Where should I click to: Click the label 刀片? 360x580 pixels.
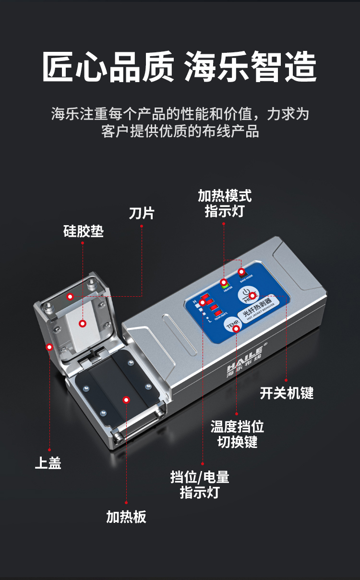tap(142, 213)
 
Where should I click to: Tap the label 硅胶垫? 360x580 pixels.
tap(84, 231)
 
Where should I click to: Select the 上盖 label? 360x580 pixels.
tap(48, 463)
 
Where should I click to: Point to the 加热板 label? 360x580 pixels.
tap(126, 517)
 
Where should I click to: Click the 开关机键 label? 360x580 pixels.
tap(287, 393)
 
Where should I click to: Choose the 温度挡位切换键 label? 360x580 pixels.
tap(237, 434)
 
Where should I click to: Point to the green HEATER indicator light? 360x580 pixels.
tap(224, 283)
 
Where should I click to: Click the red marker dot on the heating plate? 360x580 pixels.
tap(126, 399)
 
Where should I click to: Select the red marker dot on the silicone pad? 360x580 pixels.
tap(83, 324)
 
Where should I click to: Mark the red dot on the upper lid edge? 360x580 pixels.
tap(48, 347)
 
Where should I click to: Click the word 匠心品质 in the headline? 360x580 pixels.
tap(108, 67)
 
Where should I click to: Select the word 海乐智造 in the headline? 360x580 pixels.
tap(250, 67)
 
